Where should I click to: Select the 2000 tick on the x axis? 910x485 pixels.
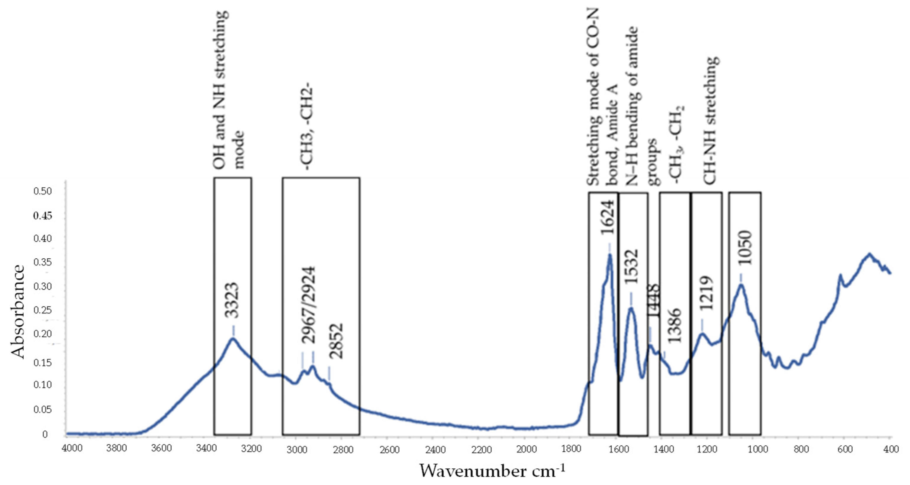tap(526, 449)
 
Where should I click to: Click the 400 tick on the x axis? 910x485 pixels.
tap(890, 449)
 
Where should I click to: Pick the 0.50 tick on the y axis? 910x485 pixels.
tap(42, 191)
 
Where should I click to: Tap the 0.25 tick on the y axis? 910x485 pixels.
tap(42, 310)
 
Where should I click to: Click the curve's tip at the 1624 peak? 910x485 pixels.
tap(609, 255)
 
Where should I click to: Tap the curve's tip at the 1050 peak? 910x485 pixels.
tap(741, 285)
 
